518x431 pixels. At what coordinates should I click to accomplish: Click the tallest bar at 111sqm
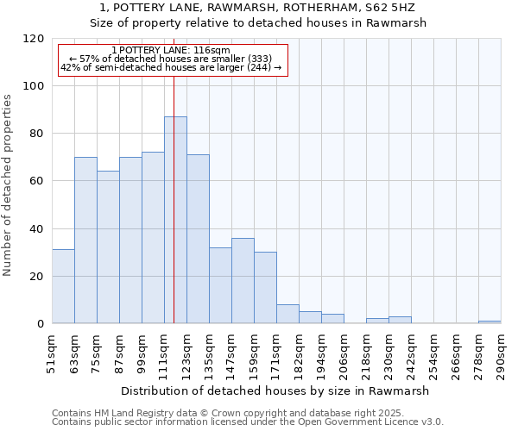(175, 220)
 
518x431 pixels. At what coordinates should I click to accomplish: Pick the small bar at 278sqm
(490, 322)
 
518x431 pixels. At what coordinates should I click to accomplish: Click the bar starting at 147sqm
(243, 281)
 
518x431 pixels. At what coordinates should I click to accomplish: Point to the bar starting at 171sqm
(287, 315)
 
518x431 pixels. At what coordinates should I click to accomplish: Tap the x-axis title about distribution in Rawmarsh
(275, 390)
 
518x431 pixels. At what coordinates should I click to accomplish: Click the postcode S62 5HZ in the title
(392, 7)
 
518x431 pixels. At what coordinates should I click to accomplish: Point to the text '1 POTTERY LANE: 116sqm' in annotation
(171, 51)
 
